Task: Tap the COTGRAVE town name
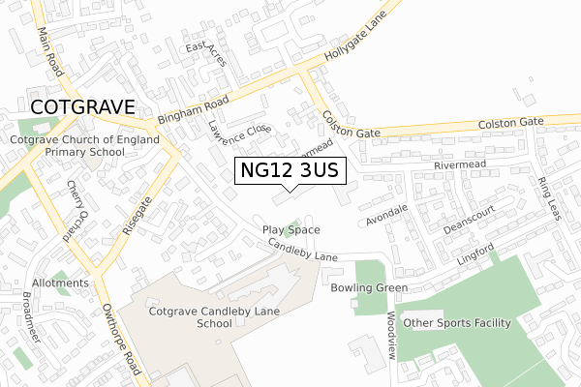point(82,106)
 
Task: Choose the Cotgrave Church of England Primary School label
point(68,146)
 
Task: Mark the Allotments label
point(60,283)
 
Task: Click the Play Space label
point(290,229)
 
